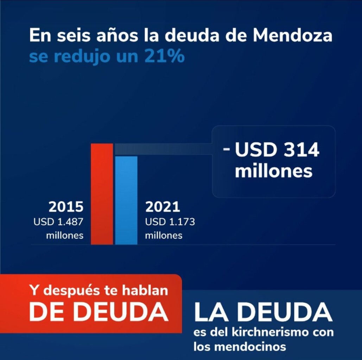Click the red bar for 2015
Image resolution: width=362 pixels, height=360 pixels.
[x=102, y=193]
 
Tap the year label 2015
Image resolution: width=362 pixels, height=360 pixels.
[x=66, y=207]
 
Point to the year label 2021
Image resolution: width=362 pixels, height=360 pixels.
[x=163, y=207]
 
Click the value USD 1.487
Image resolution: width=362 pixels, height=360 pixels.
[x=58, y=222]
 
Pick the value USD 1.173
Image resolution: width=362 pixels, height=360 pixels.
[x=170, y=222]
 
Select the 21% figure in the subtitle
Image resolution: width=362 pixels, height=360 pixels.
[x=164, y=56]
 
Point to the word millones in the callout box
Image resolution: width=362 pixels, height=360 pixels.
[x=274, y=171]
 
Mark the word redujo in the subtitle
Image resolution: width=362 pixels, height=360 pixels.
[x=85, y=56]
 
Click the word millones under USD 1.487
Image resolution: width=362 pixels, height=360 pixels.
[x=65, y=235]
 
